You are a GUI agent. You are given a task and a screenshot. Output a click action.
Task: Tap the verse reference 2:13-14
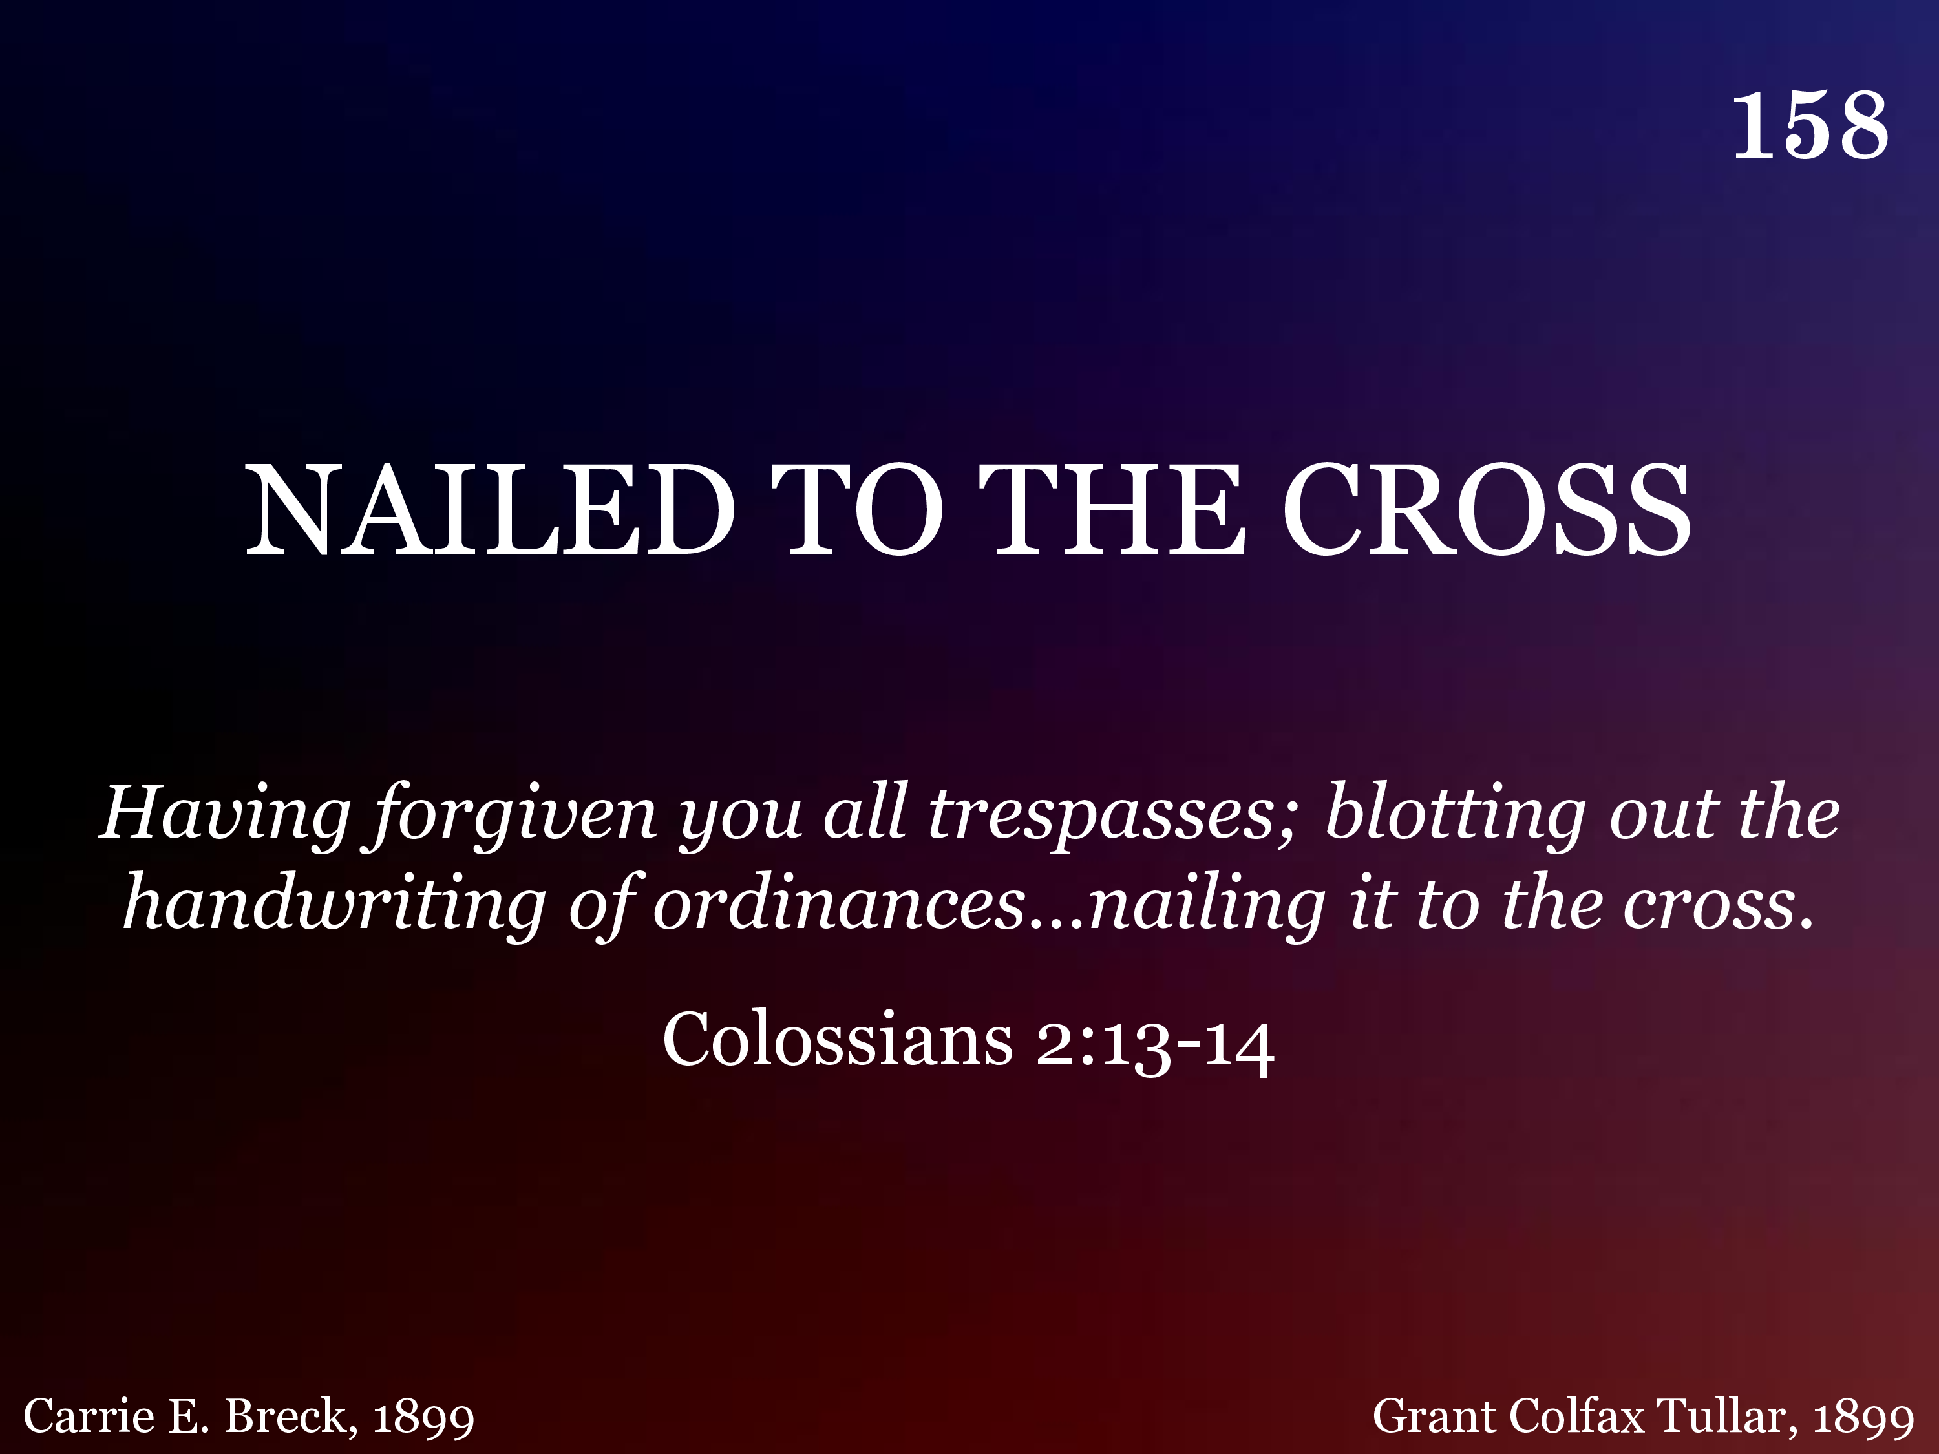tap(1154, 1044)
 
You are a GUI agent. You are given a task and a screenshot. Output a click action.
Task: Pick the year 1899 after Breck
tap(423, 1418)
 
